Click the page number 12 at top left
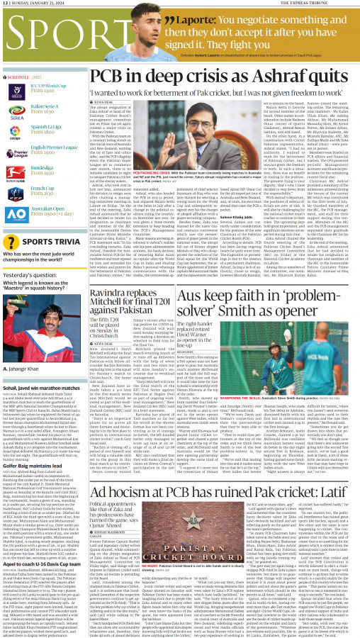6,4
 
